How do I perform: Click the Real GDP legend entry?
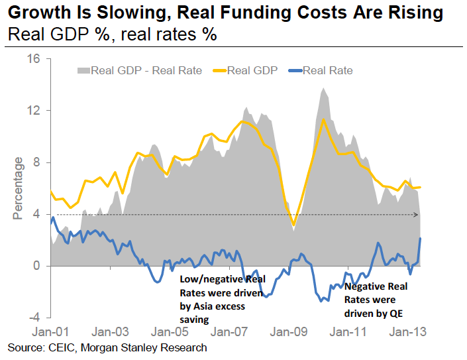252,70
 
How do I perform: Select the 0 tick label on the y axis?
37,266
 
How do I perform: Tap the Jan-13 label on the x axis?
403,330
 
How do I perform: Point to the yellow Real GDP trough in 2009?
293,224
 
